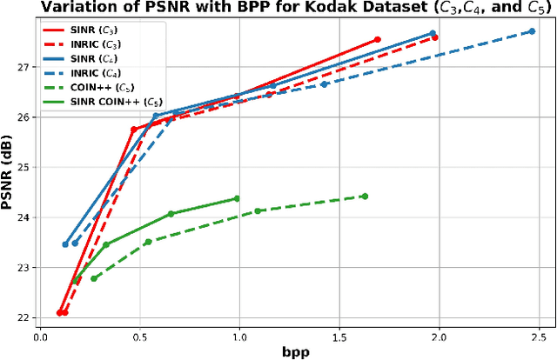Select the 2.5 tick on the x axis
click(x=539, y=334)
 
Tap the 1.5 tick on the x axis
click(x=339, y=334)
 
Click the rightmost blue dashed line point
click(x=532, y=31)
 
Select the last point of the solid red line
click(x=377, y=40)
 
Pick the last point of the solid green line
click(x=237, y=199)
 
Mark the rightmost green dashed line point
click(x=365, y=197)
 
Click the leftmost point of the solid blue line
click(x=65, y=244)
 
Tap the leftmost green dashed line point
click(x=94, y=278)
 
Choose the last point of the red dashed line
click(x=434, y=37)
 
